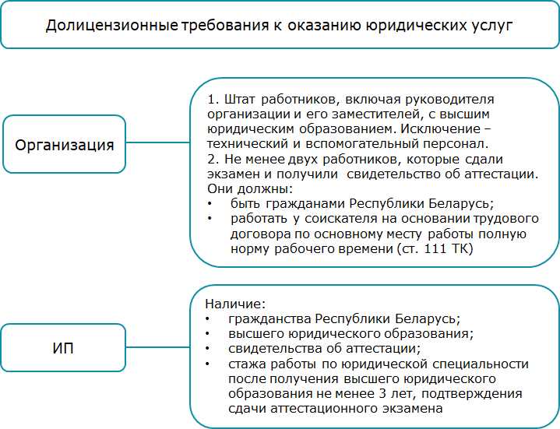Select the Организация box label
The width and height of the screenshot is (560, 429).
[x=65, y=144]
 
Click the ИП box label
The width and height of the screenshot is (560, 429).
[x=63, y=346]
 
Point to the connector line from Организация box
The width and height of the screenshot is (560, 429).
[x=158, y=144]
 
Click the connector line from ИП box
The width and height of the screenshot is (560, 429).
[x=158, y=346]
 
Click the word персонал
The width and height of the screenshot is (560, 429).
[x=460, y=143]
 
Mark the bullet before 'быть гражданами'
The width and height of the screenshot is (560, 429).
[x=210, y=204]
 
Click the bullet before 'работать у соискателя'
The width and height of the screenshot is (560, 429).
[x=210, y=220]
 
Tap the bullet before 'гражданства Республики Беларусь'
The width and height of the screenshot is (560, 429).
[x=207, y=318]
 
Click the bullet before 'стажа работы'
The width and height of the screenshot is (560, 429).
[x=207, y=364]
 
